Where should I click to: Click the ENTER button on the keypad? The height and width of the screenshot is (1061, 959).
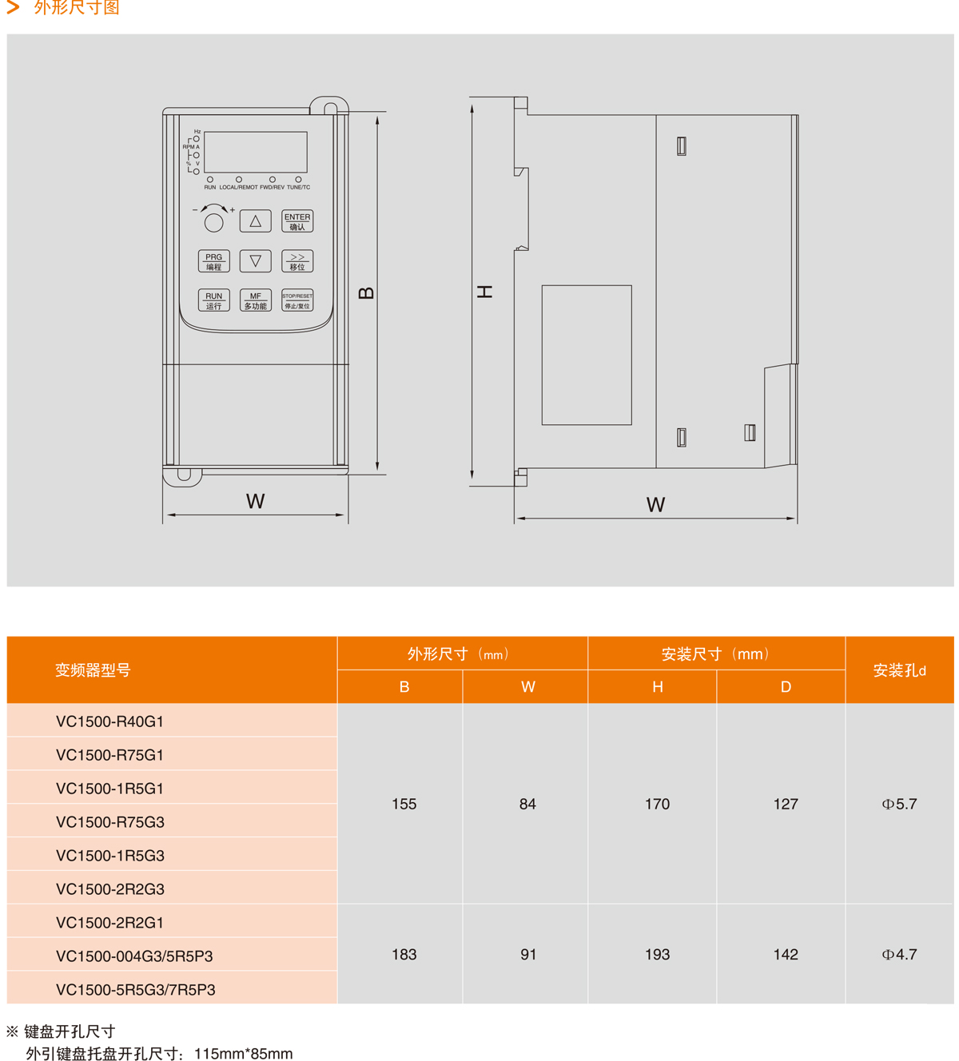297,221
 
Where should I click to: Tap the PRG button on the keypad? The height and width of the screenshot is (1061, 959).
213,261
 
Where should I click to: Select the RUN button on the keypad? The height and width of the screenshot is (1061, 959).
213,300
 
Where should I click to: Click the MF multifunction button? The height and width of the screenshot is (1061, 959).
256,300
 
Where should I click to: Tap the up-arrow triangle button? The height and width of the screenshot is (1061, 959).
256,221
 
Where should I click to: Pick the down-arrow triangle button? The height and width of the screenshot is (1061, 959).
256,261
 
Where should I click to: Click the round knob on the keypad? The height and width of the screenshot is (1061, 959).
213,223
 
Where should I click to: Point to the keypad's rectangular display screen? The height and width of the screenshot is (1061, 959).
256,152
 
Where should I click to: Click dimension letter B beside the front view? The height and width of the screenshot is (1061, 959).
366,293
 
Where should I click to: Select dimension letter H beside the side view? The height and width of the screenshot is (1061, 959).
485,292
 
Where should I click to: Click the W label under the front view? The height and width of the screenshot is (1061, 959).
255,501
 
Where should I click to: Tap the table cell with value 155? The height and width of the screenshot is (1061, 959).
404,804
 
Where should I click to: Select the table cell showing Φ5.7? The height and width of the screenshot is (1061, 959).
899,804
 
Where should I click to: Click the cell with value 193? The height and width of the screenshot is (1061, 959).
657,954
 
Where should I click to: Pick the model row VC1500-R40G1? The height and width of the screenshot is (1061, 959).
110,721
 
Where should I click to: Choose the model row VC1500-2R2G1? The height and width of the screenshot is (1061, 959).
110,923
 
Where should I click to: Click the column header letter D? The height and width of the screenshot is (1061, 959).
786,687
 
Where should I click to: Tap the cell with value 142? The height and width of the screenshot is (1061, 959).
786,954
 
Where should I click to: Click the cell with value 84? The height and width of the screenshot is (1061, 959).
527,804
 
